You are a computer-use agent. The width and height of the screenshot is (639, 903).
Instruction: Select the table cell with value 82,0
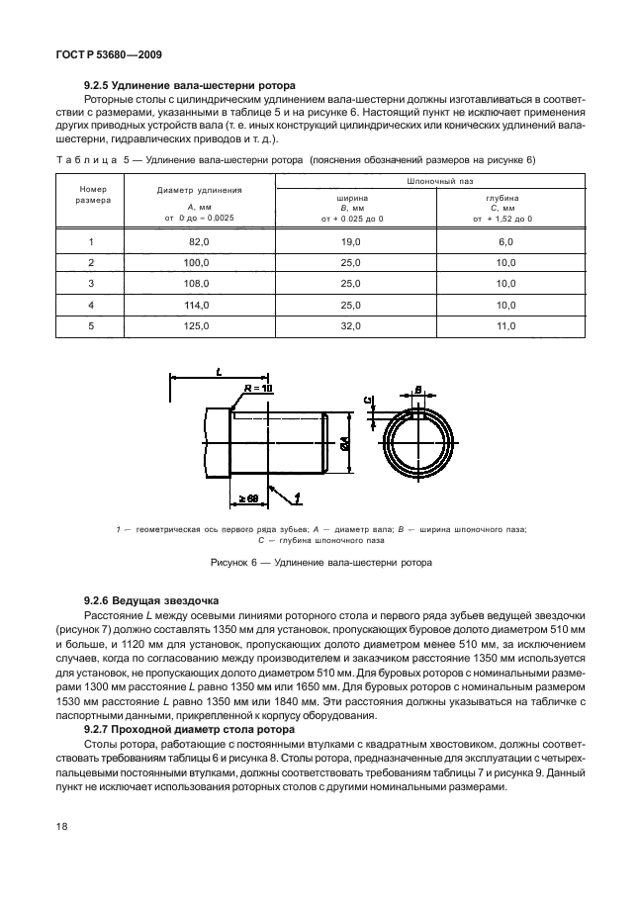pos(200,241)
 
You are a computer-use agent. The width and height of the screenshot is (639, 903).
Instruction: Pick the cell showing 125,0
pos(200,324)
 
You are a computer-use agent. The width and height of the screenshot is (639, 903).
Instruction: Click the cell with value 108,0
pos(200,283)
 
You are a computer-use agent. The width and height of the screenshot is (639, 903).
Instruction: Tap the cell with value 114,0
pos(200,304)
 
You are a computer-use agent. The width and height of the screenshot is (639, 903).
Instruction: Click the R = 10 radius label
pos(255,389)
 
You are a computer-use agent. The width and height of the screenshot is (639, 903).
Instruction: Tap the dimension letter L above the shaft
pos(218,371)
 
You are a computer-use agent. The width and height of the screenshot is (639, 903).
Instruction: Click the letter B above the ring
pos(418,389)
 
